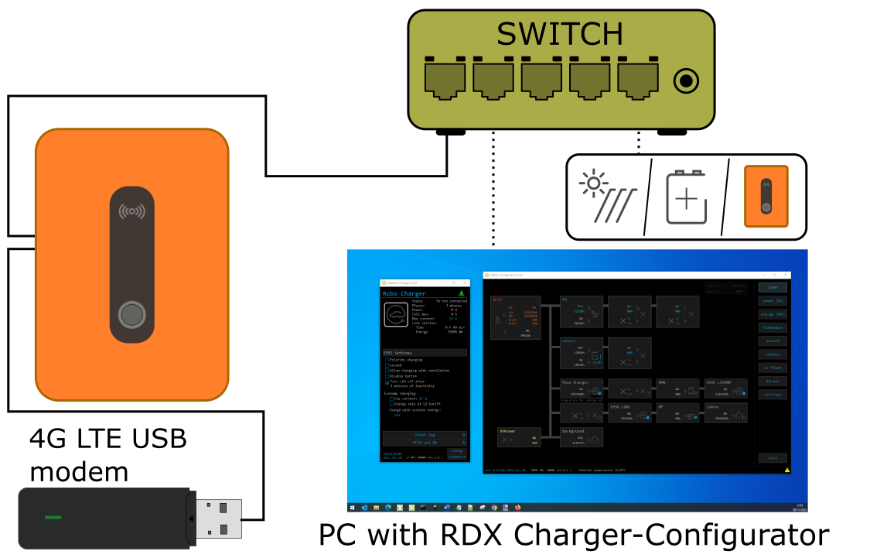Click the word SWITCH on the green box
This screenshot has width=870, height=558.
click(559, 35)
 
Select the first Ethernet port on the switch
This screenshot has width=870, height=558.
click(445, 78)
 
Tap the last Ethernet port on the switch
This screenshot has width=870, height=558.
click(638, 78)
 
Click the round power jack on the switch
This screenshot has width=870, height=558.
click(686, 80)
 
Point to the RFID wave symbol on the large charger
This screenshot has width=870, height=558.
click(131, 211)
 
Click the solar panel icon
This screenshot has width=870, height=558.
click(607, 196)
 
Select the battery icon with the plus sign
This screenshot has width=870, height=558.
click(686, 198)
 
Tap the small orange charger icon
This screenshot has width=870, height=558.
click(766, 197)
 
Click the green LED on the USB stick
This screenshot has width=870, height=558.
click(53, 517)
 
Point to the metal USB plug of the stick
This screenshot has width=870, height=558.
click(218, 519)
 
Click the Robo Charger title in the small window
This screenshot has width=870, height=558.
click(404, 294)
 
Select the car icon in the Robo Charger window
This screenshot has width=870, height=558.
click(396, 314)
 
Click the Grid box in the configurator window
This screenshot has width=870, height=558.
click(515, 317)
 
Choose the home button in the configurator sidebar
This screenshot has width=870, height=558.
click(772, 287)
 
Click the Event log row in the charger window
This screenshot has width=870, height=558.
click(425, 435)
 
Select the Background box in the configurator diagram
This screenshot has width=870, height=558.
click(581, 437)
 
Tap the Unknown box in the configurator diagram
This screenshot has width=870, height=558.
click(518, 437)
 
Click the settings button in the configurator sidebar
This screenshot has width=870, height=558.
click(772, 394)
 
